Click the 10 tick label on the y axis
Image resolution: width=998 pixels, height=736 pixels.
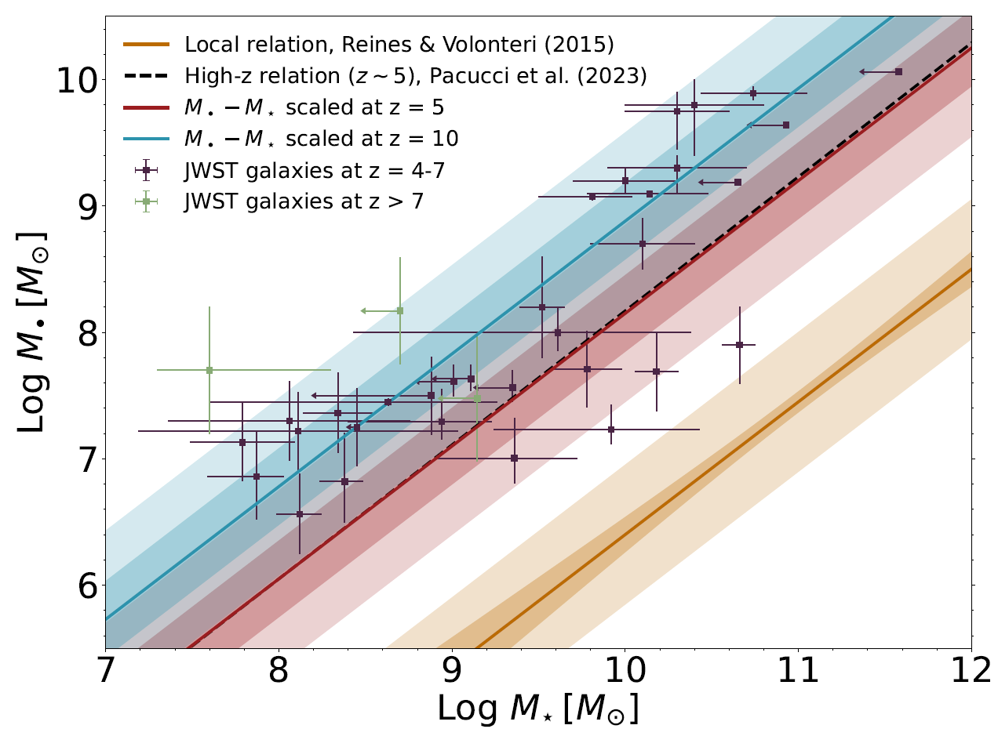[78, 80]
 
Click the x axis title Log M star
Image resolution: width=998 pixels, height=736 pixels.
[537, 709]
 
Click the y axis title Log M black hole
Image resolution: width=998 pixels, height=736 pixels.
[32, 333]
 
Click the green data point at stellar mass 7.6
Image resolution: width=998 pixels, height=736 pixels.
[209, 370]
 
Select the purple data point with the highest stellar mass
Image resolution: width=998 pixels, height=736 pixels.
[898, 71]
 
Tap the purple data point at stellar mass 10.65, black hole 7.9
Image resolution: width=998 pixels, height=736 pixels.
[739, 345]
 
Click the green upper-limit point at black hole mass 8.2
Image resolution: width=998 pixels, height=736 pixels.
[399, 311]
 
